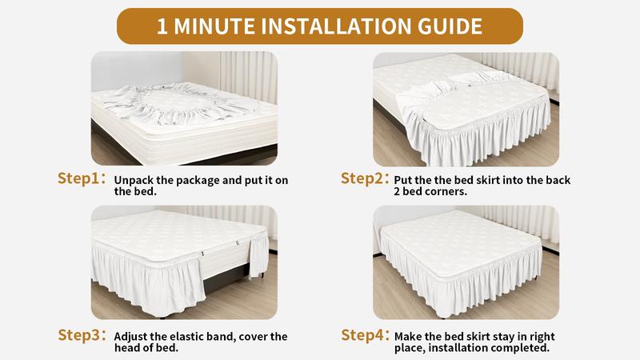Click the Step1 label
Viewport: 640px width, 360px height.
pyautogui.click(x=81, y=178)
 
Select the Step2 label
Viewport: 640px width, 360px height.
pyautogui.click(x=365, y=178)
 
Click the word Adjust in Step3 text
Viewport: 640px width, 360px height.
pyautogui.click(x=132, y=337)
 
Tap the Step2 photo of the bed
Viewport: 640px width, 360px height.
pyautogui.click(x=466, y=108)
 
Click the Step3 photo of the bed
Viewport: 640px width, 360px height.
pyautogui.click(x=183, y=262)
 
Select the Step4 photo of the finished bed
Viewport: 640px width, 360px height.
pyautogui.click(x=466, y=262)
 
